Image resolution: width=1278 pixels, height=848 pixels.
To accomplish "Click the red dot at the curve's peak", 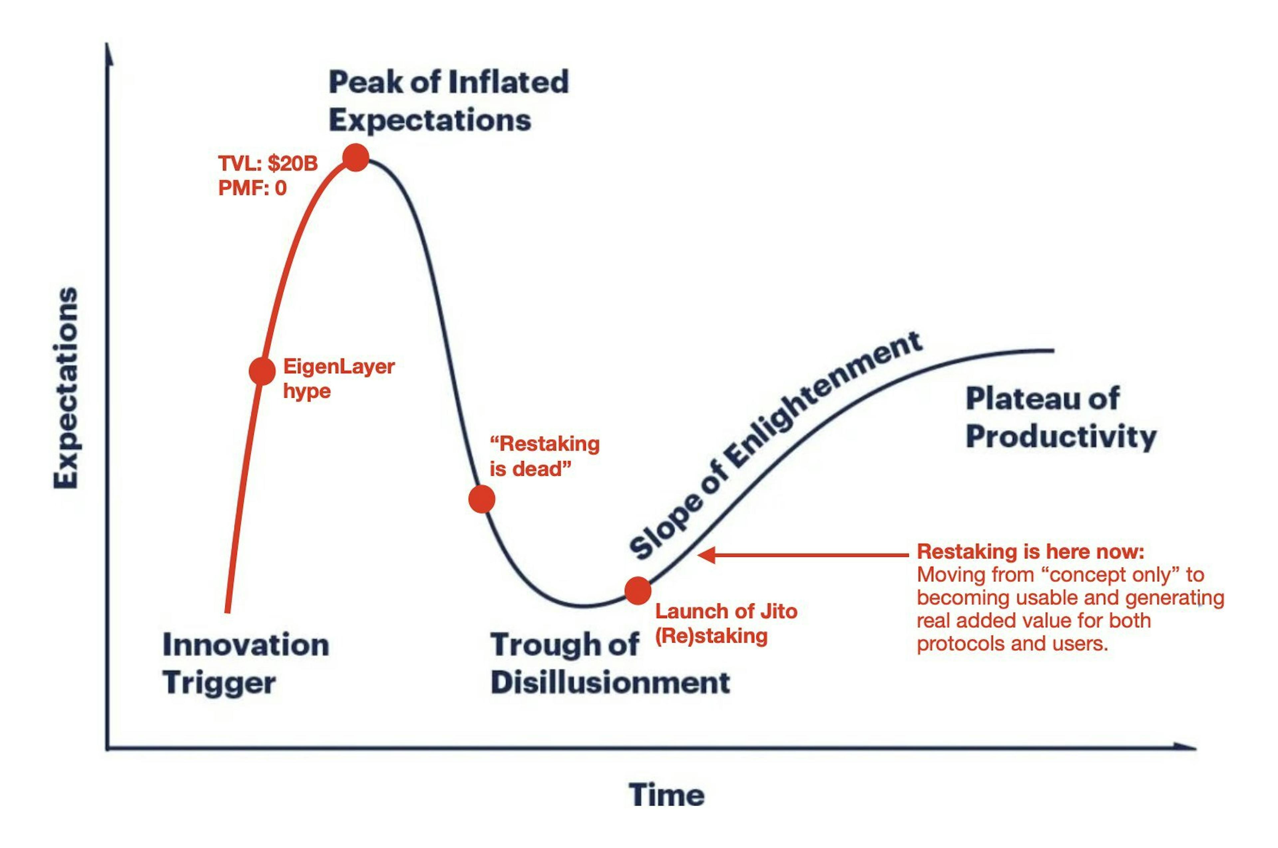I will click(356, 158).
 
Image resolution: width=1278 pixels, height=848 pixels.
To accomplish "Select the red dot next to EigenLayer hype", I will click(262, 371).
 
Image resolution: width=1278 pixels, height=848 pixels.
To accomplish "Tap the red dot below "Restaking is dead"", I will click(481, 499).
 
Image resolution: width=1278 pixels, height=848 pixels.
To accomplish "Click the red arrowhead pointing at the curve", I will click(706, 555).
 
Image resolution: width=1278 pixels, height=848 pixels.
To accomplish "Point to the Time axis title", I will click(666, 795).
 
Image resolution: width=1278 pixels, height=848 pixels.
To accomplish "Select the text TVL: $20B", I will click(268, 163).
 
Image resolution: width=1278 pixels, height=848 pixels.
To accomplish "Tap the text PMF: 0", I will click(252, 188).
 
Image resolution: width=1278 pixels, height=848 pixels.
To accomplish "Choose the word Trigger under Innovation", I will click(219, 683).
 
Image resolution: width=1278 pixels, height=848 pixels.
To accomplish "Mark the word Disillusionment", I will click(610, 683).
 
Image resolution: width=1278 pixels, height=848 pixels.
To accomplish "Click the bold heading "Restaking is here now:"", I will click(1030, 552).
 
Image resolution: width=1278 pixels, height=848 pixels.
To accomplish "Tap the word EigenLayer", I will click(338, 367).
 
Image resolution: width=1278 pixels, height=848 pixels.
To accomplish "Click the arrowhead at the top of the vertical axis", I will click(109, 53).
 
